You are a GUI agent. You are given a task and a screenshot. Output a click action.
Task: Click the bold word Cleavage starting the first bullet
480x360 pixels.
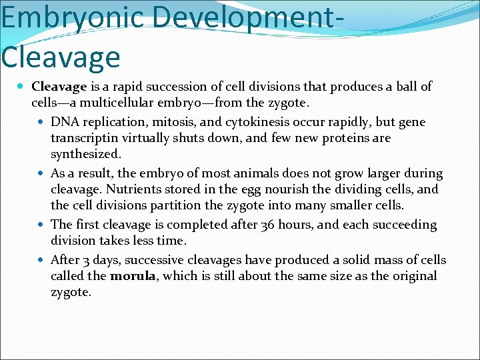point(59,87)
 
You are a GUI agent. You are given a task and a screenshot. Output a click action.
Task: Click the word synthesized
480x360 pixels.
point(85,155)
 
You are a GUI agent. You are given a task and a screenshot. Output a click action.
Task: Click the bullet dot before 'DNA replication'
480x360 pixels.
point(42,123)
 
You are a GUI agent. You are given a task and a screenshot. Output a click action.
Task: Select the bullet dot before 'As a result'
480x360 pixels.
point(42,173)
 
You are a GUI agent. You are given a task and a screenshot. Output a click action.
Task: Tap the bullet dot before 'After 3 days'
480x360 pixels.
point(42,260)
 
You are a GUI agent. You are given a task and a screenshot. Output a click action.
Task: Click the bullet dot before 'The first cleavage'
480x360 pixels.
point(42,225)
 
